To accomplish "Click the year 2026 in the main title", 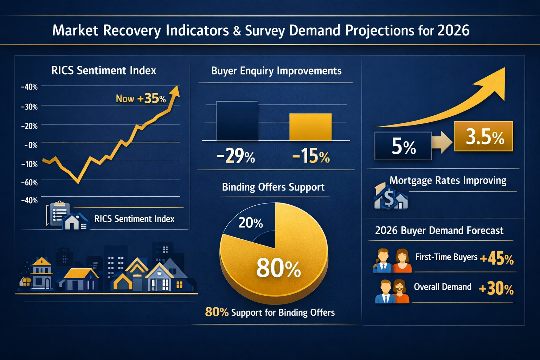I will point(453,31).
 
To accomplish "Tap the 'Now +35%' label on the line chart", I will point(141,99).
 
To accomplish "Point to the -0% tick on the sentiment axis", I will point(31,145).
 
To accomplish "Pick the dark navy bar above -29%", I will point(237,121).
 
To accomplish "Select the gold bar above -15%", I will point(310,127).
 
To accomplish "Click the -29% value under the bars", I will point(236,156).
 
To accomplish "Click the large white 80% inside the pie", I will point(278,268).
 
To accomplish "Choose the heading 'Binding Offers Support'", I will point(273,187).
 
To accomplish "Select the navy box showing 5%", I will point(403,146).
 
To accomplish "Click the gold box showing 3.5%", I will point(484,136).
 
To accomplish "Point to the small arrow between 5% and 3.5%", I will point(442,142).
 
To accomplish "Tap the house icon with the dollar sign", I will point(390,197).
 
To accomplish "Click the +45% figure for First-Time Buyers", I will point(497,259).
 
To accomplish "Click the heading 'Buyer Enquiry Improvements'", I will point(276,71).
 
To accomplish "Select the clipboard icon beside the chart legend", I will point(58,213).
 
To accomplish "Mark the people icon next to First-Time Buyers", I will point(392,261).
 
